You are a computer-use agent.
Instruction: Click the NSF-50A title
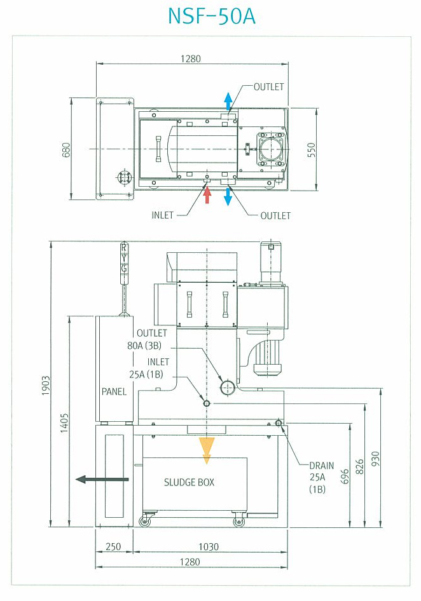[x=212, y=16]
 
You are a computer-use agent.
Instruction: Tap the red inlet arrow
[x=207, y=194]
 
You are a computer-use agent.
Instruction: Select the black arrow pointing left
[x=102, y=479]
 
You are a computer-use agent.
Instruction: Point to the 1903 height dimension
[x=46, y=386]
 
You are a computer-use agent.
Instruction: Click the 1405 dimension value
[x=64, y=422]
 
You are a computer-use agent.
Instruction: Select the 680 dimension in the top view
[x=66, y=150]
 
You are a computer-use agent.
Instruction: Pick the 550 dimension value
[x=311, y=150]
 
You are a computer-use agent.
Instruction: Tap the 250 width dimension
[x=113, y=546]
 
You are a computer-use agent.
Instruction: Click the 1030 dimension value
[x=209, y=546]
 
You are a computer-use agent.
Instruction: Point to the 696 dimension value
[x=345, y=476]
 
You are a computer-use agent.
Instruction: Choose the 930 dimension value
[x=375, y=459]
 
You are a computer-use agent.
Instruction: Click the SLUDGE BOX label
[x=189, y=482]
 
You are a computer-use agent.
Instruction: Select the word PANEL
[x=114, y=392]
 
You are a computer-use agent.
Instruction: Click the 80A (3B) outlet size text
[x=144, y=346]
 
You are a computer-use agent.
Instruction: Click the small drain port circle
[x=279, y=422]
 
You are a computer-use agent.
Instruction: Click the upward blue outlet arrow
[x=228, y=100]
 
